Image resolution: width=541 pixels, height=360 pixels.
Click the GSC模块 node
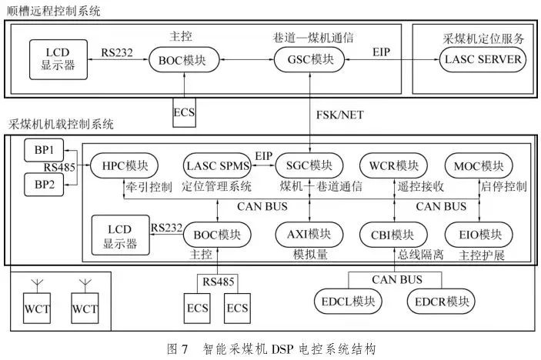[309, 59]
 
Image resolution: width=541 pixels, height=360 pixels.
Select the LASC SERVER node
[482, 59]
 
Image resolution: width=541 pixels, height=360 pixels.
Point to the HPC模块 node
[124, 165]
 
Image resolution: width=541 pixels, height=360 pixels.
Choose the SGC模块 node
[309, 165]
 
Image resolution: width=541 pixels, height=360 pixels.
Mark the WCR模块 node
[392, 165]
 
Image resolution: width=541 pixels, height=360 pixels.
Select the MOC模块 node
[480, 165]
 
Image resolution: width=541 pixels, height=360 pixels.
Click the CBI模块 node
[392, 234]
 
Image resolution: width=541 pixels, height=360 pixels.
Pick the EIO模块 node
[480, 234]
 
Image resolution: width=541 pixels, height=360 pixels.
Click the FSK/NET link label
[342, 115]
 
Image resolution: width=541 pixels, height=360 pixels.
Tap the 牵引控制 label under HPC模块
[148, 187]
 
